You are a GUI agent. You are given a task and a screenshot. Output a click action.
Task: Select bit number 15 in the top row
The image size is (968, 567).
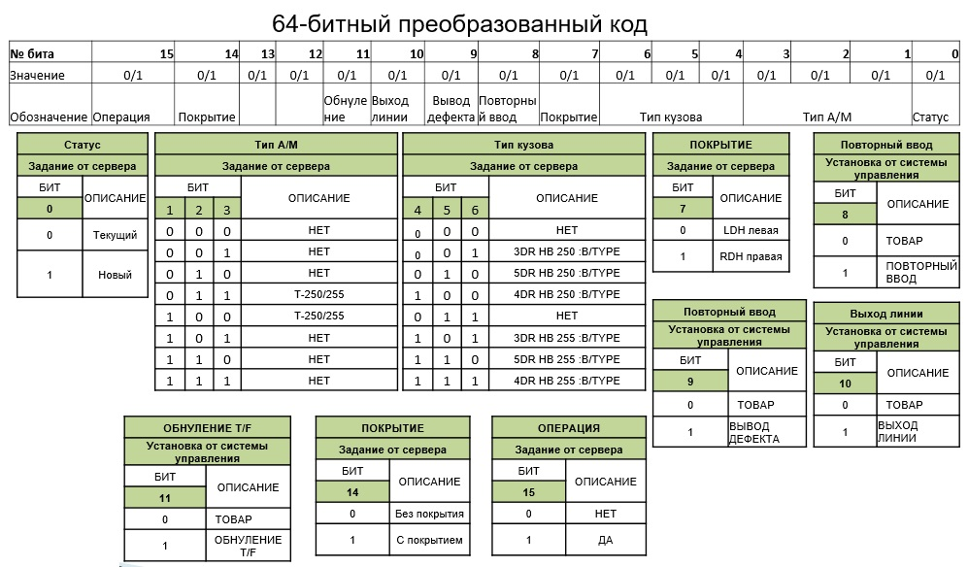(166, 53)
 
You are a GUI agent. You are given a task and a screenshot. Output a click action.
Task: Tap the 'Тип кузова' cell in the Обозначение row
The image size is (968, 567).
(671, 117)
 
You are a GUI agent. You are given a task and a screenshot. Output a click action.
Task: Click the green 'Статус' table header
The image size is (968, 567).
(83, 145)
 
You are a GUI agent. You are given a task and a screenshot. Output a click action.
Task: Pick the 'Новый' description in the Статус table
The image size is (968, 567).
(115, 274)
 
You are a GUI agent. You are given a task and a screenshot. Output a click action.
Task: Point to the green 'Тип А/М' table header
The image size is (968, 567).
(277, 145)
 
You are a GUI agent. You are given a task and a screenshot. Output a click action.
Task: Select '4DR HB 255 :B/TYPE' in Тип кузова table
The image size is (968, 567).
(567, 381)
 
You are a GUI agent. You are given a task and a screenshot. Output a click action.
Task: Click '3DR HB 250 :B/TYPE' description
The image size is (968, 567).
(567, 251)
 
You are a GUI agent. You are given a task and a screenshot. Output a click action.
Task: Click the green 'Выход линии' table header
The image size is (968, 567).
(885, 314)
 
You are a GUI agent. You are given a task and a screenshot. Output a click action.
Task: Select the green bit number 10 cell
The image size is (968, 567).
(845, 384)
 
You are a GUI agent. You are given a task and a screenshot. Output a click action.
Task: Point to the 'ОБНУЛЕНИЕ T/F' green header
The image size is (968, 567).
(207, 428)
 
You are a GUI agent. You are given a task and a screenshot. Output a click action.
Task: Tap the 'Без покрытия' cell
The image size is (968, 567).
(428, 514)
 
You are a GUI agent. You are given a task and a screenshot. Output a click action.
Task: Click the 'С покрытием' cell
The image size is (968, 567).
(428, 540)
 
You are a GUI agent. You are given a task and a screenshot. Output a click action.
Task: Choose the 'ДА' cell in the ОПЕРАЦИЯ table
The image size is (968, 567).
(605, 540)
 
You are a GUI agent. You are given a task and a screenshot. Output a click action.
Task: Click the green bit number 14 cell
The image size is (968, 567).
(352, 493)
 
